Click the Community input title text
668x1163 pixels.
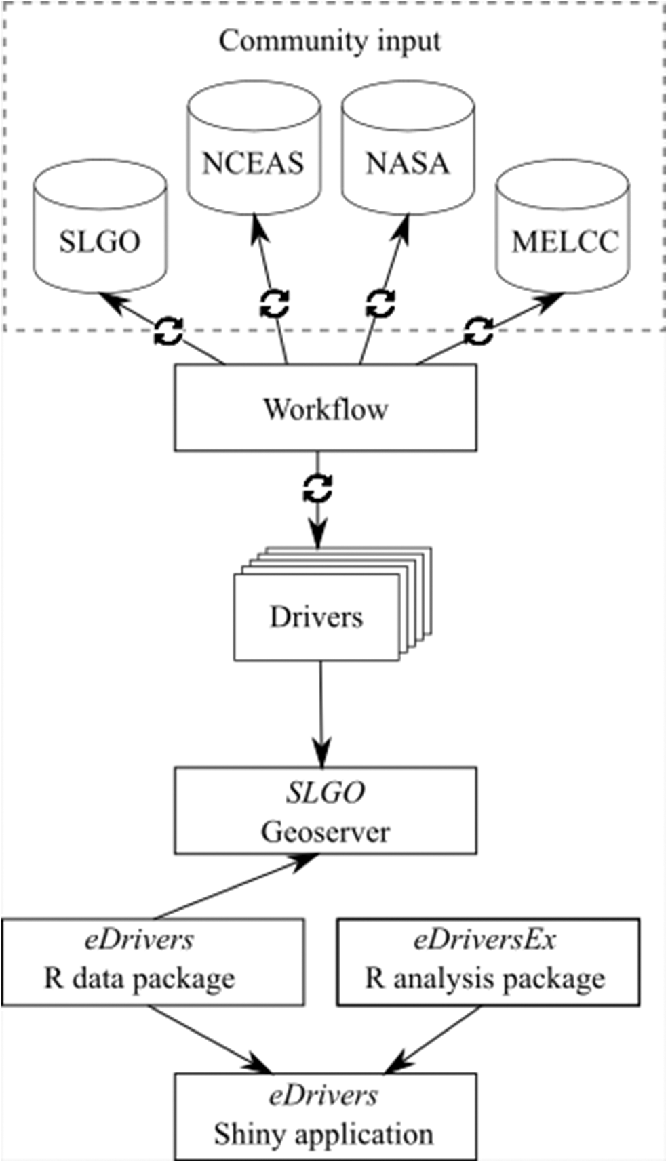pos(330,41)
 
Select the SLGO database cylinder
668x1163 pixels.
pos(100,230)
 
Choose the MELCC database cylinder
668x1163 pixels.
pos(564,234)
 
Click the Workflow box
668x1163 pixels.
pos(326,408)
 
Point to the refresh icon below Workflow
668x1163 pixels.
pos(318,487)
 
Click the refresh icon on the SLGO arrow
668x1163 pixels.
pos(168,331)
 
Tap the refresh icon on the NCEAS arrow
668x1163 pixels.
pos(275,304)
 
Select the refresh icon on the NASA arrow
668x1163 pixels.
pos(380,303)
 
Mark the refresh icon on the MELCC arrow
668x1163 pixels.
pos(479,330)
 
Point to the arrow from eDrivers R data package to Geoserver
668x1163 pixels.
pos(231,887)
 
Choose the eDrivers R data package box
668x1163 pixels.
pos(153,962)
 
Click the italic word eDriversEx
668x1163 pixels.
pos(484,940)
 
